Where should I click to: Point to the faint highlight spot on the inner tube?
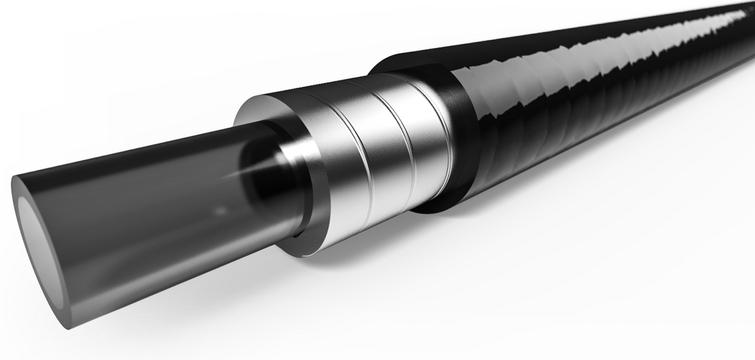(x=219, y=211)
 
